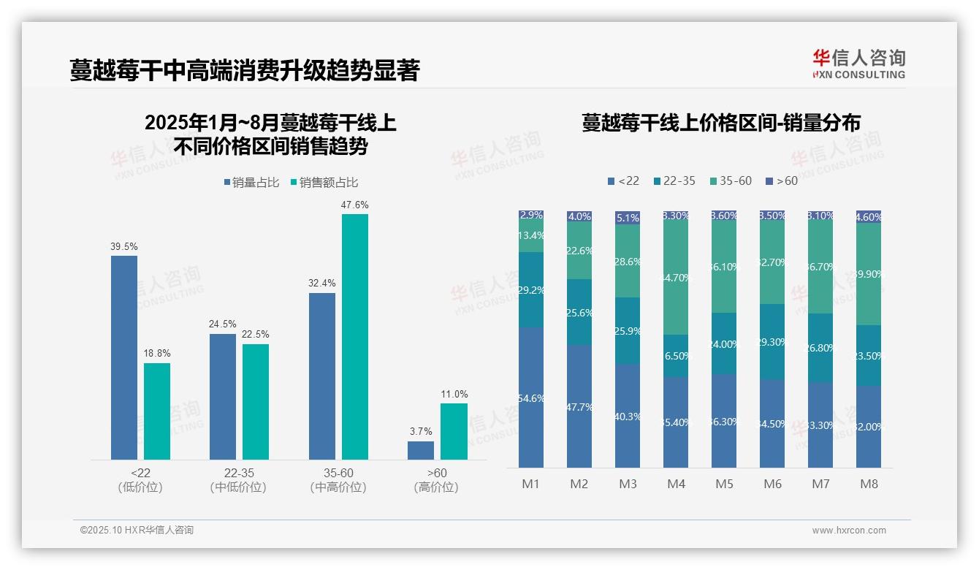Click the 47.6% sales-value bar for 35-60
click(355, 336)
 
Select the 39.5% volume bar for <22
click(124, 357)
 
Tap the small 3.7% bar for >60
click(421, 450)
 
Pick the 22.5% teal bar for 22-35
click(256, 401)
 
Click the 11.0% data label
click(454, 394)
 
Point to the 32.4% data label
click(322, 283)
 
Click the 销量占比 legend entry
click(251, 183)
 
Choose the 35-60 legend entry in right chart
click(730, 180)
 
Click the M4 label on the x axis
click(676, 484)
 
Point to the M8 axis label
click(869, 484)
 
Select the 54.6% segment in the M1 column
click(531, 398)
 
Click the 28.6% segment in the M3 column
click(628, 261)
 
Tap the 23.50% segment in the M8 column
click(869, 355)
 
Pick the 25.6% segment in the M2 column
click(579, 312)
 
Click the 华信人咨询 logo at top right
click(858, 64)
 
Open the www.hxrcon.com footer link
click(849, 531)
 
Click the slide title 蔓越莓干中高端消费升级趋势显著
click(245, 70)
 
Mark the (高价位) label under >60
click(436, 487)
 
